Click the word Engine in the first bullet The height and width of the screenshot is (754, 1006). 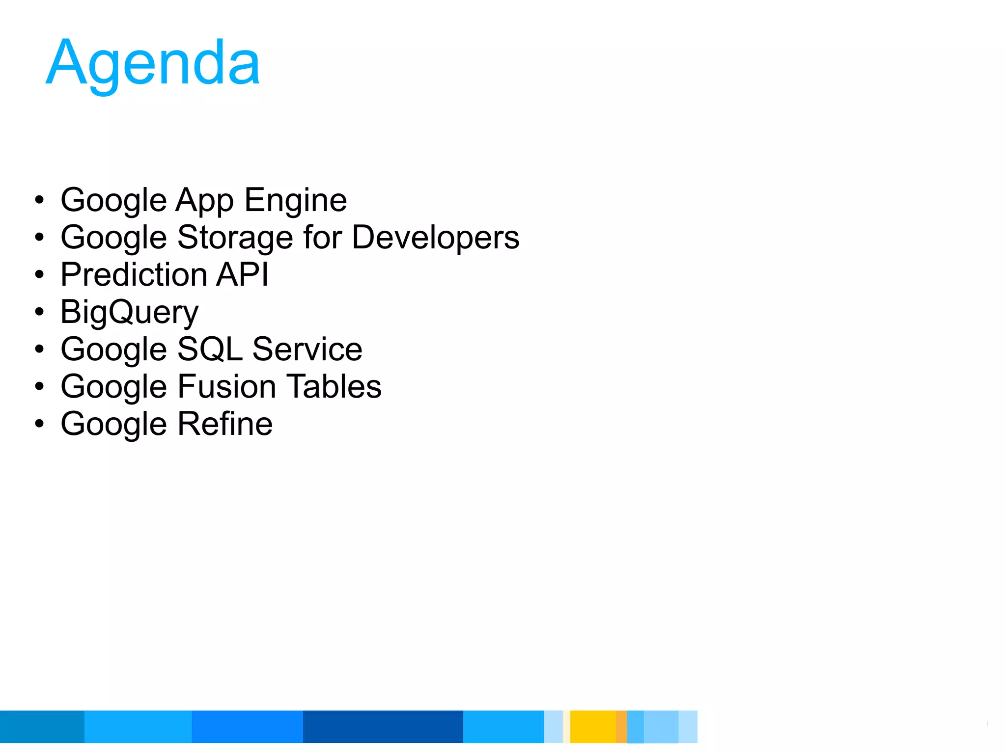point(296,200)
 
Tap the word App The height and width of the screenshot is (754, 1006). point(204,200)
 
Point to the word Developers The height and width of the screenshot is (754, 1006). point(435,238)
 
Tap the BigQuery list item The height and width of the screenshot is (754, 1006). point(129,312)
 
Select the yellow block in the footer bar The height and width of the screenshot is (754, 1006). point(592,727)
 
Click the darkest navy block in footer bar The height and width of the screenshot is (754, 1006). point(383,727)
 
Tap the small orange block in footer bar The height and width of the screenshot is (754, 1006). point(621,727)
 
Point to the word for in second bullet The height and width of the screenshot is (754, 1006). point(322,238)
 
